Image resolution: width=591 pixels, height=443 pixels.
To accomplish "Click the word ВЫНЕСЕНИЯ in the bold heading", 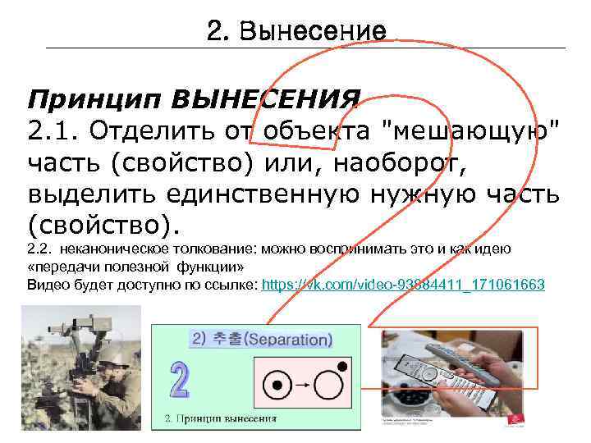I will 264,102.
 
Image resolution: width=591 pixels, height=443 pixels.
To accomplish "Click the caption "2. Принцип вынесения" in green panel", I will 222,419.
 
